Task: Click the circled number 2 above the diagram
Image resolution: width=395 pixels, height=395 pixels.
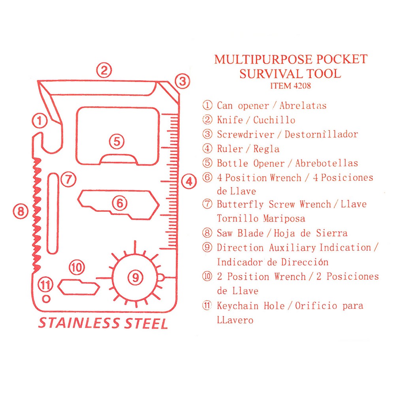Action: click(x=104, y=71)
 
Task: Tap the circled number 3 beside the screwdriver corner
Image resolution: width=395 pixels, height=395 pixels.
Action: click(x=182, y=81)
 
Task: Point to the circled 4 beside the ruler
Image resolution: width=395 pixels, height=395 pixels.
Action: click(x=189, y=182)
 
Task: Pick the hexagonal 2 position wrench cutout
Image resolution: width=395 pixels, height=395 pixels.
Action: click(x=79, y=286)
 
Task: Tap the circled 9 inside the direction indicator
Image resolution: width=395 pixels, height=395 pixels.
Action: click(x=136, y=278)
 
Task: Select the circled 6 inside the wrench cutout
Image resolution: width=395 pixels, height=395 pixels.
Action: click(x=119, y=203)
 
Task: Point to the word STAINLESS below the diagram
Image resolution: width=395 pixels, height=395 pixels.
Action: click(x=78, y=323)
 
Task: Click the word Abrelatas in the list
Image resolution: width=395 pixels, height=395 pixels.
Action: click(x=303, y=105)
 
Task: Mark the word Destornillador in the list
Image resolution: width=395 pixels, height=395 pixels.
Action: click(x=327, y=134)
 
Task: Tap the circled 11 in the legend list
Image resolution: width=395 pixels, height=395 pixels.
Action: click(x=207, y=306)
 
